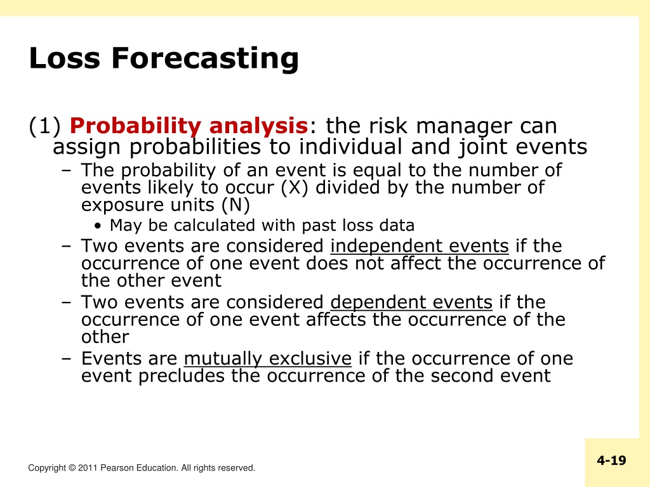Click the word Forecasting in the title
click(205, 58)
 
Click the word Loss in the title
click(65, 58)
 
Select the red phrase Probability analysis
click(189, 126)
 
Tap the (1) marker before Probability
click(45, 126)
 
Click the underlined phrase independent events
click(420, 246)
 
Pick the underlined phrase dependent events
click(411, 302)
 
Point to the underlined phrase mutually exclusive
click(268, 359)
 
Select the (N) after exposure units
click(236, 205)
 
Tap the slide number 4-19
click(611, 460)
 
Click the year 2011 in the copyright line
click(88, 468)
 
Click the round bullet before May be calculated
click(97, 226)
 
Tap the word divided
click(347, 188)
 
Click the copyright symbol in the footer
click(72, 468)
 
